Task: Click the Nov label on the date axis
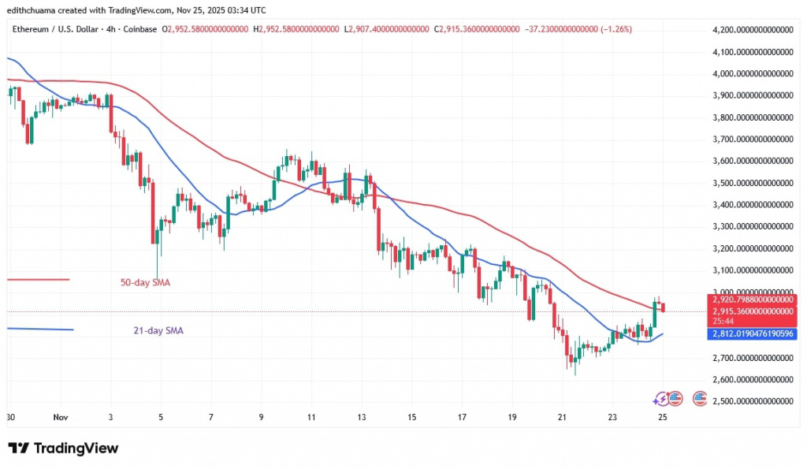pos(60,418)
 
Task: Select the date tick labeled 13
pos(362,418)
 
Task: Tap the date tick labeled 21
pos(562,418)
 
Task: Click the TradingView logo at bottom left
pos(63,449)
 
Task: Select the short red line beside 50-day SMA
pos(37,280)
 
